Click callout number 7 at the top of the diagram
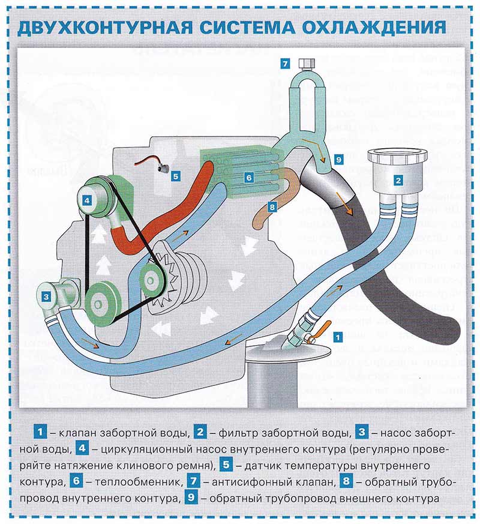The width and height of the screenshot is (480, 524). [x=286, y=63]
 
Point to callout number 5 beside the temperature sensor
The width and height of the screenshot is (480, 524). [x=175, y=176]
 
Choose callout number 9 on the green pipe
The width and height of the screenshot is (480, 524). [x=338, y=160]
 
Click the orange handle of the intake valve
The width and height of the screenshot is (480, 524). [x=322, y=328]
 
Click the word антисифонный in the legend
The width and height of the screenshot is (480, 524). [x=250, y=482]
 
